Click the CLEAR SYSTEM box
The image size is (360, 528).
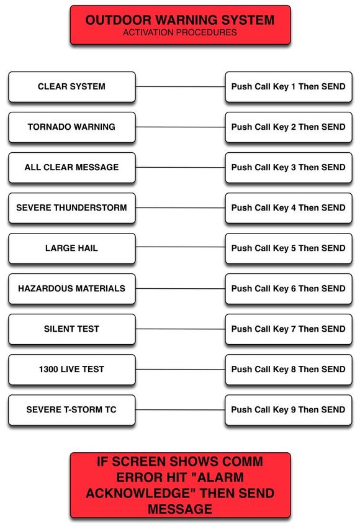pyautogui.click(x=72, y=86)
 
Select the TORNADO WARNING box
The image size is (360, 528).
pyautogui.click(x=72, y=127)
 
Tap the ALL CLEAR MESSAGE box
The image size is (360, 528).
pyautogui.click(x=72, y=167)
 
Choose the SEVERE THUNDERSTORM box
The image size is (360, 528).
pyautogui.click(x=72, y=207)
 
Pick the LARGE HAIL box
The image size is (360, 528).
pyautogui.click(x=72, y=248)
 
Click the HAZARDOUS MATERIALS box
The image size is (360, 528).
pyautogui.click(x=72, y=289)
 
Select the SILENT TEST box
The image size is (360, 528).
pyautogui.click(x=72, y=329)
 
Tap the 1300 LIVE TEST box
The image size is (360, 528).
pyautogui.click(x=72, y=370)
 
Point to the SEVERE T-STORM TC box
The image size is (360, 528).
pyautogui.click(x=72, y=410)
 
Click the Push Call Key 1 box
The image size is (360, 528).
pyautogui.click(x=289, y=86)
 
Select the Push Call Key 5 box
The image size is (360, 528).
pyautogui.click(x=289, y=248)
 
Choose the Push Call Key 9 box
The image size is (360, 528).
pyautogui.click(x=289, y=410)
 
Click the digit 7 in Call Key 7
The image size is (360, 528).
pyautogui.click(x=294, y=329)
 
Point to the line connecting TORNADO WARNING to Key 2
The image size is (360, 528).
pyautogui.click(x=181, y=127)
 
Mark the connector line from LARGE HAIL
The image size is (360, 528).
pyautogui.click(x=181, y=247)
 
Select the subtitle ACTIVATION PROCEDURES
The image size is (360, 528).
pyautogui.click(x=180, y=33)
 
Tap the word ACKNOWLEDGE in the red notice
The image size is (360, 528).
pyautogui.click(x=142, y=493)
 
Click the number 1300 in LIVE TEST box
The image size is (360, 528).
pyautogui.click(x=48, y=370)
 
